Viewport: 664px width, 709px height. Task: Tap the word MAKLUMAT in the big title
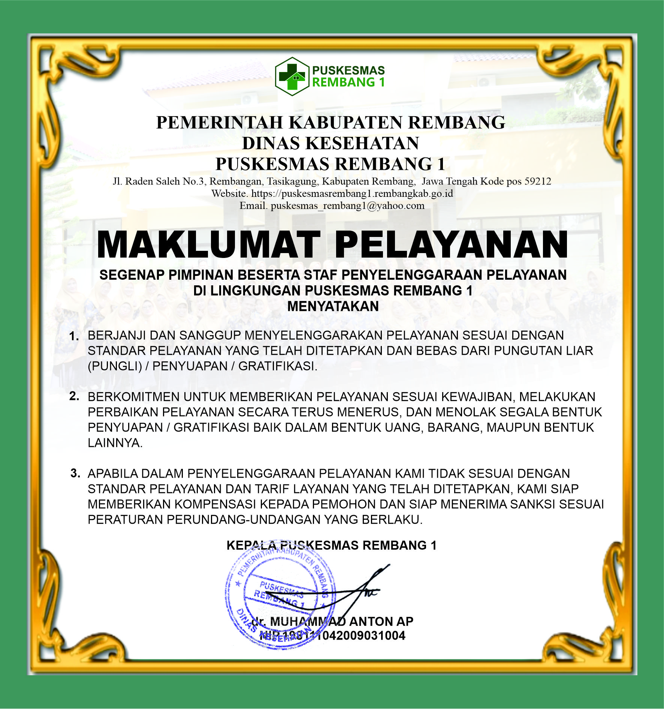(208, 245)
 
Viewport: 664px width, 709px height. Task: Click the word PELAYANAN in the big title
(451, 245)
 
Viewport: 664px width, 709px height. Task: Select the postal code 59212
(538, 181)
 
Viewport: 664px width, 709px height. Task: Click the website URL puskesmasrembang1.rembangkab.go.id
(352, 193)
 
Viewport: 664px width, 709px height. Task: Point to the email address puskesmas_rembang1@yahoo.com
(347, 205)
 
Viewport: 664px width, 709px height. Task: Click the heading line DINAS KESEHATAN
(331, 143)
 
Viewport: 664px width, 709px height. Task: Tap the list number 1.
(74, 336)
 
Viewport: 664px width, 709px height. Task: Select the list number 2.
(74, 396)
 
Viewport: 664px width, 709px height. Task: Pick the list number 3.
(75, 473)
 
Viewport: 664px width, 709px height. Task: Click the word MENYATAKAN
(333, 306)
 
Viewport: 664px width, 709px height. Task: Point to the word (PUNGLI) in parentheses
(115, 366)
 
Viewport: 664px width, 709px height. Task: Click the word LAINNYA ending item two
(115, 443)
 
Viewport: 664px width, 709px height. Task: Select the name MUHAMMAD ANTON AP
(341, 622)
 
